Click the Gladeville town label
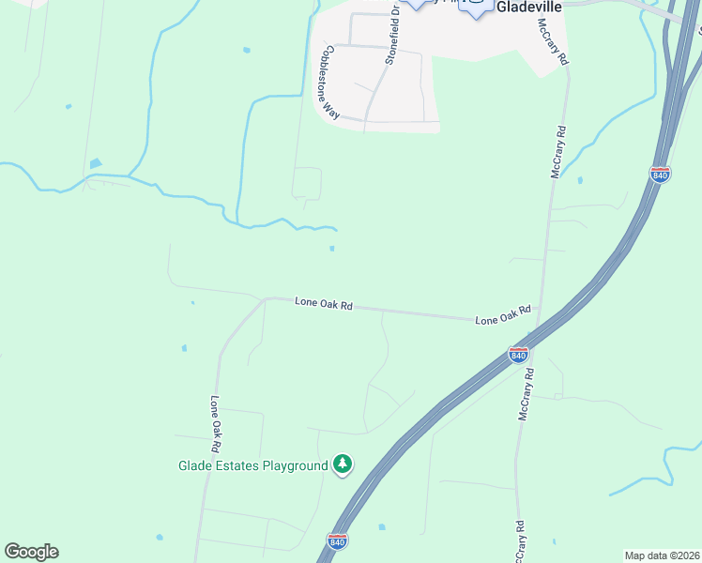click(528, 7)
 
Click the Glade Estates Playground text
click(252, 465)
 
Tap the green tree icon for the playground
click(343, 464)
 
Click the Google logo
click(31, 552)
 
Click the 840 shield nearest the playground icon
click(338, 541)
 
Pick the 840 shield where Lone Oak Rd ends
click(518, 354)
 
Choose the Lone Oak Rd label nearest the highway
click(502, 315)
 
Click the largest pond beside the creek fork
click(96, 164)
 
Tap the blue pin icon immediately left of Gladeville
click(477, 8)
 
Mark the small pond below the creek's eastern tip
click(331, 249)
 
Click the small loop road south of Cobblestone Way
click(307, 183)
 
